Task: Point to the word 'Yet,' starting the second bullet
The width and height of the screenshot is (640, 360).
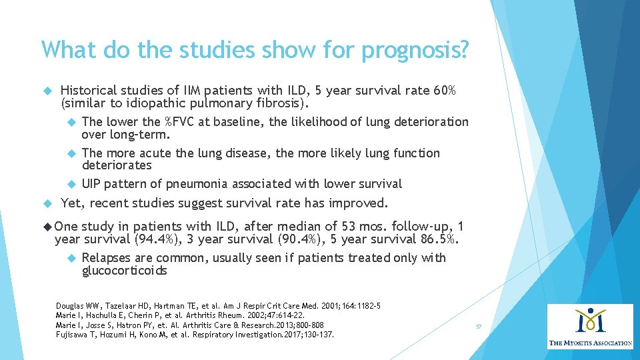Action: pos(72,203)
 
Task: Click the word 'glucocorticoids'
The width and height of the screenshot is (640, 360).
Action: pos(125,271)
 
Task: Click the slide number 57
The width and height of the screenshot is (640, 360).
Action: pos(479,327)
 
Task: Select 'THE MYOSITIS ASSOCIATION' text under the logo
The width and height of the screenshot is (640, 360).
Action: pos(590,343)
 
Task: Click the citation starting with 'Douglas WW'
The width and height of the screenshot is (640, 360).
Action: pos(219,305)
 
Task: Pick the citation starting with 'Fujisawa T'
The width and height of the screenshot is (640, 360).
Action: pos(195,334)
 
